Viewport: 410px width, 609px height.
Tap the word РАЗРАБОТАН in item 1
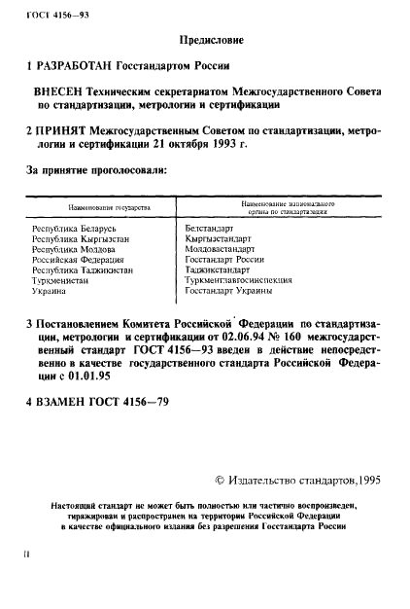[x=80, y=68]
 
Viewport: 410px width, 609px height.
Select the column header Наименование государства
[x=107, y=208]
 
